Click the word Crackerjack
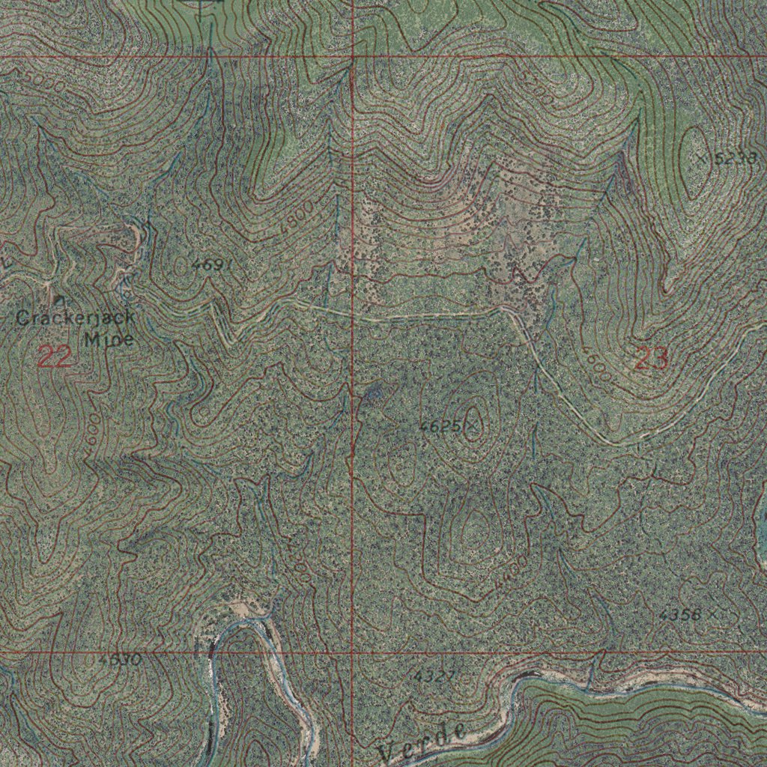pyautogui.click(x=76, y=318)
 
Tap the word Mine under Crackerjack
pyautogui.click(x=109, y=339)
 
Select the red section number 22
pyautogui.click(x=55, y=357)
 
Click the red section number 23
pyautogui.click(x=651, y=360)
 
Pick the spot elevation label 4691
pyautogui.click(x=212, y=264)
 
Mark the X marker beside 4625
pyautogui.click(x=472, y=427)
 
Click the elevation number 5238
pyautogui.click(x=737, y=158)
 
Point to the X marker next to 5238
pyautogui.click(x=702, y=158)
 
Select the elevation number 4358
pyautogui.click(x=681, y=615)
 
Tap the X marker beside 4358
pyautogui.click(x=713, y=613)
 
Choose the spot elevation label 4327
pyautogui.click(x=434, y=676)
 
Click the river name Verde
pyautogui.click(x=424, y=742)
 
